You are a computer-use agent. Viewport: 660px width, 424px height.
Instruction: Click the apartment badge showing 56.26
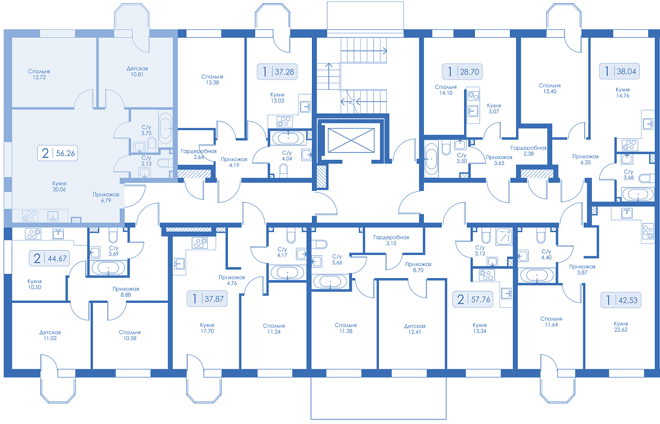point(57,153)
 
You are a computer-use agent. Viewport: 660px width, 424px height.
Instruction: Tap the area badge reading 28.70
point(462,72)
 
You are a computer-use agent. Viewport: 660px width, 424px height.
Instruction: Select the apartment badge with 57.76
point(473,299)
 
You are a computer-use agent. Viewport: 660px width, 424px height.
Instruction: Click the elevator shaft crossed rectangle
point(351,140)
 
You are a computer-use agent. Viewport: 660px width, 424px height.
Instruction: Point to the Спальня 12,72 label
point(39,74)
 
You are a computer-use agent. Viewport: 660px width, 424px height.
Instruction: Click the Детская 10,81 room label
point(137,71)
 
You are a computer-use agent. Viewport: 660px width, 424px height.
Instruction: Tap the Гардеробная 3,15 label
point(391,240)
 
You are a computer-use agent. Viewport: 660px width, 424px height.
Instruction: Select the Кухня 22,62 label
point(621,327)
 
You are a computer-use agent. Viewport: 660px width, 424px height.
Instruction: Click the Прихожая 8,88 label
point(126,291)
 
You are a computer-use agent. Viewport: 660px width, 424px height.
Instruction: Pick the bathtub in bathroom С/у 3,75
point(166,128)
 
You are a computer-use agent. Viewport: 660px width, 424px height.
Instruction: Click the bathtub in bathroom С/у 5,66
point(331,281)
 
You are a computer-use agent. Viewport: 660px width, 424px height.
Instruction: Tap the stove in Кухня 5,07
point(473,95)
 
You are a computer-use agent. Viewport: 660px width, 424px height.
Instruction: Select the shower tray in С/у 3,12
point(504,236)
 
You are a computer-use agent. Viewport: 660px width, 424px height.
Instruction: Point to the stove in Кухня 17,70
point(200,243)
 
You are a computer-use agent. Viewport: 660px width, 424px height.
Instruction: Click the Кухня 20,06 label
point(59,186)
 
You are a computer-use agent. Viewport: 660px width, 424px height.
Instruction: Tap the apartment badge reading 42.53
point(621,300)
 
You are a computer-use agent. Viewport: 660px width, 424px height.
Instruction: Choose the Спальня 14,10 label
point(446,90)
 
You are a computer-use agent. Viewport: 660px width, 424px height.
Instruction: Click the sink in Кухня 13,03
point(305,106)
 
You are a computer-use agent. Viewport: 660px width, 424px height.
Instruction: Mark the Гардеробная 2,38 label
point(529,151)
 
